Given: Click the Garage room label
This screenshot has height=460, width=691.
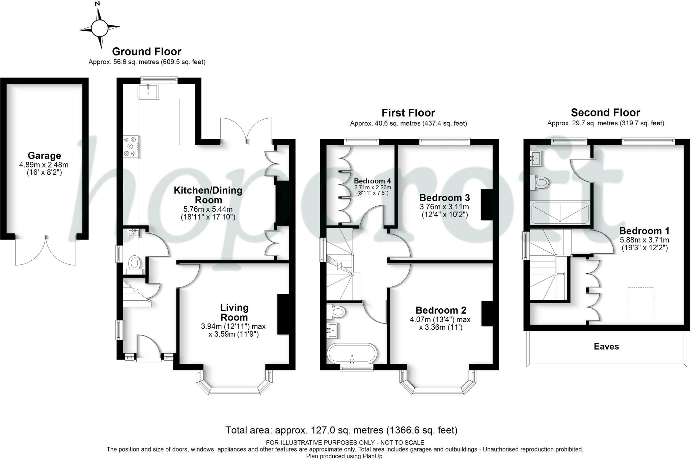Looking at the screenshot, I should pos(44,156).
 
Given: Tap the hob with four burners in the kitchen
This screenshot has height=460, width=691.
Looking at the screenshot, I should pos(131,146).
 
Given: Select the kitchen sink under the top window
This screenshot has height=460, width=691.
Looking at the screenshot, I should pos(148,91).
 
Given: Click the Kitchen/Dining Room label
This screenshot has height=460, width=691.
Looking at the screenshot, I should pos(208,195).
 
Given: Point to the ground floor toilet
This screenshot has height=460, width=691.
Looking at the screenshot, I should pos(134,263).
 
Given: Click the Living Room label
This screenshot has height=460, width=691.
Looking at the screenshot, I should pos(234,312).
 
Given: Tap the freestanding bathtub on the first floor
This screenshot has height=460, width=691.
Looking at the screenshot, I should pos(352,353).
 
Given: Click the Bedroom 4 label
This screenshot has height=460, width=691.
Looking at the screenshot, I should pos(372,181).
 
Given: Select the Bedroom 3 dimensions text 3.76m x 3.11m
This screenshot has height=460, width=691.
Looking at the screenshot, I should pos(444,207).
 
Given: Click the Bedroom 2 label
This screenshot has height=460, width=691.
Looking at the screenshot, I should pos(441,310).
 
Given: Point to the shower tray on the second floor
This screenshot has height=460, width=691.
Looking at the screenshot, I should pos(559,213).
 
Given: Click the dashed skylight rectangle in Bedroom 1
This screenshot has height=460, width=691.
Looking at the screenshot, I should pos(641,302).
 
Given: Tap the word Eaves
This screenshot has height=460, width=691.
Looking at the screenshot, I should pos(606,347).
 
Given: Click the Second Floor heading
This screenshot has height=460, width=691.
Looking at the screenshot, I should pos(605,112).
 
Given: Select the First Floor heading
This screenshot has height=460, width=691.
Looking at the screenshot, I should pos(408,112).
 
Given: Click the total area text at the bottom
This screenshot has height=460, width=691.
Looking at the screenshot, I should pos(341,430).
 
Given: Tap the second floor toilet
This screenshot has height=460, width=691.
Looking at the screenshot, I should pos(539,183).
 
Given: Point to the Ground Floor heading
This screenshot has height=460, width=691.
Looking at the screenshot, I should pos(146,52).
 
